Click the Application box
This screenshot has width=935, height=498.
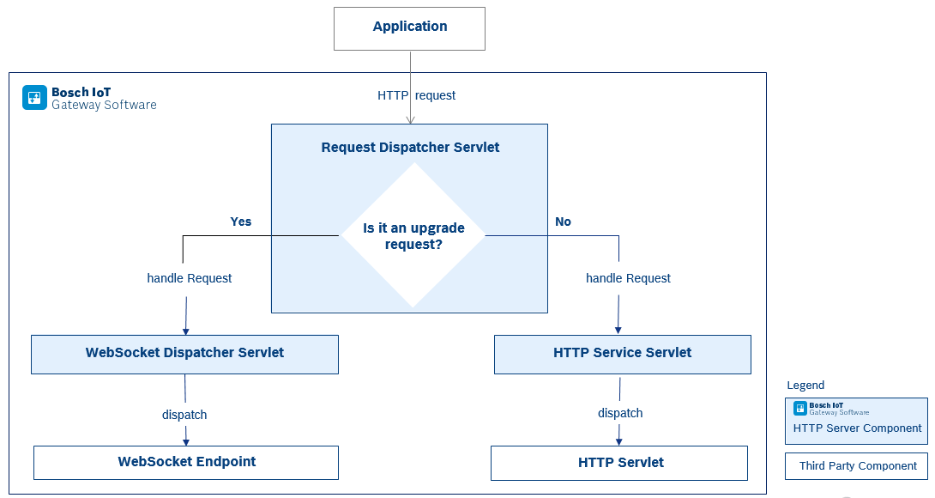[x=409, y=28]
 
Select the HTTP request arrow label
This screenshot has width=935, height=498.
[x=416, y=95]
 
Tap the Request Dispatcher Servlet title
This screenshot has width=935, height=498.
[x=410, y=147]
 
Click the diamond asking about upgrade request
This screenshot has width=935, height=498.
[x=413, y=235]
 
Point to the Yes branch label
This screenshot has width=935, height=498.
[x=241, y=222]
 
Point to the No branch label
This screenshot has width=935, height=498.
[x=563, y=222]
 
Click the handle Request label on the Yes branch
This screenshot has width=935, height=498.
[x=190, y=278]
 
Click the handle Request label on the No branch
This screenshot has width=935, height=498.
[x=628, y=278]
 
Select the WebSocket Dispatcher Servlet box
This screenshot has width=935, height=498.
[x=184, y=354]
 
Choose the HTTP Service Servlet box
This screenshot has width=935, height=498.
[x=622, y=354]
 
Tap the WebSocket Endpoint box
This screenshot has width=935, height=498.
[x=186, y=462]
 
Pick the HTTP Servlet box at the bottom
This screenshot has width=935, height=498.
[x=619, y=463]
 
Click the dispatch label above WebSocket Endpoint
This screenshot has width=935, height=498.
[x=184, y=415]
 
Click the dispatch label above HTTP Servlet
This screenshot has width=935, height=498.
[x=620, y=413]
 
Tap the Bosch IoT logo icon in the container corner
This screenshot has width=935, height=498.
[x=34, y=98]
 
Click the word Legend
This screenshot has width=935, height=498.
[x=805, y=386]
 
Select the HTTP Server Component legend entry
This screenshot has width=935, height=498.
[x=856, y=421]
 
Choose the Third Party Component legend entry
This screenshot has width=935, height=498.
[x=856, y=466]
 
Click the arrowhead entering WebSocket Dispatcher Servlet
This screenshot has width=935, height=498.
[x=185, y=331]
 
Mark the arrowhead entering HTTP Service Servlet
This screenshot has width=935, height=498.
[x=618, y=331]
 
